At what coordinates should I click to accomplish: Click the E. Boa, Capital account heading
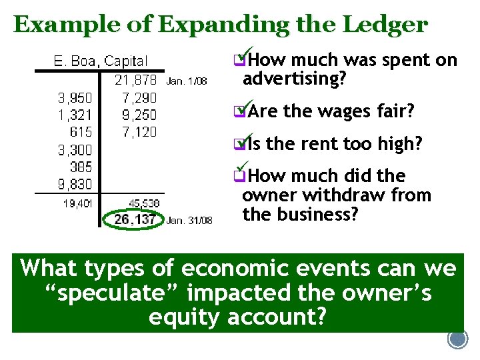tap(101, 61)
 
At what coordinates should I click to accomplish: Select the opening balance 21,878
tap(136, 80)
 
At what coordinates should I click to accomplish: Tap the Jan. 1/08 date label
tap(187, 81)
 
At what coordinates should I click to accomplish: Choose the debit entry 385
tap(81, 166)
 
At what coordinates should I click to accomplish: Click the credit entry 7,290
tap(139, 98)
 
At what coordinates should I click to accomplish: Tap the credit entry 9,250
tap(139, 115)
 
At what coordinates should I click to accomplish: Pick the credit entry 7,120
tap(139, 132)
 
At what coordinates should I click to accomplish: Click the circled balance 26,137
tap(135, 219)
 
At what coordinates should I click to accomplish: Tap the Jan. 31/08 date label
tap(189, 220)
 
